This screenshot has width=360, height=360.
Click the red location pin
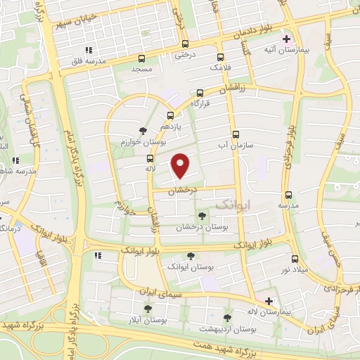181,165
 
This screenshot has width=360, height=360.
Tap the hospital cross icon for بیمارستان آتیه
286,39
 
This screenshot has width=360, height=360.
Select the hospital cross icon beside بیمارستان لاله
268,300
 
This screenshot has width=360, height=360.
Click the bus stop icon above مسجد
143,59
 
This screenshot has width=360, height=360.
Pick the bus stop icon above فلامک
221,57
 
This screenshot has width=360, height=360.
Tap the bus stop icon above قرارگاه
200,93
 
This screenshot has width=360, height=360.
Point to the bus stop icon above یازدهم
170,116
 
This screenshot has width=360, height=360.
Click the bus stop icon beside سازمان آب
235,134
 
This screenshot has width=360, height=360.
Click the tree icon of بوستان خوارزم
143,131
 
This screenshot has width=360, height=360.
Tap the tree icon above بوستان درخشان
202,216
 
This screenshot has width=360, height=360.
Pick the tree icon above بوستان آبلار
148,309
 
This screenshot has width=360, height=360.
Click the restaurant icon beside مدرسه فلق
89,50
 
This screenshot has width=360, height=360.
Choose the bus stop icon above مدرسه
288,195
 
